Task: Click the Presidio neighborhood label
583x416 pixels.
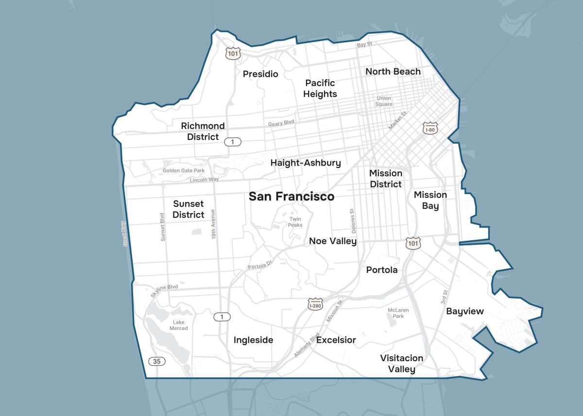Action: tap(260, 74)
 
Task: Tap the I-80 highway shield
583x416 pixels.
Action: tap(430, 128)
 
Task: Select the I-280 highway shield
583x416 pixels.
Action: tap(315, 304)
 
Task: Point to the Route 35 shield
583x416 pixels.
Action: tap(156, 361)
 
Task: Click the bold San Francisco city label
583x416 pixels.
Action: tap(291, 196)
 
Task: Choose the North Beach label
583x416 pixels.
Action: tap(393, 71)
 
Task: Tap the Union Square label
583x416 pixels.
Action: tap(384, 101)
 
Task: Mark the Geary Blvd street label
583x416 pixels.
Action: tap(282, 124)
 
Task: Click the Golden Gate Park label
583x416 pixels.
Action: tap(184, 170)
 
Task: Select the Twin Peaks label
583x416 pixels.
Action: tap(295, 222)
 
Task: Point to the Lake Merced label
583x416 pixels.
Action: tap(178, 325)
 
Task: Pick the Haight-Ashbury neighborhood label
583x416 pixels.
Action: tap(306, 163)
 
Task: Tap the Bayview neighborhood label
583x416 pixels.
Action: tap(465, 311)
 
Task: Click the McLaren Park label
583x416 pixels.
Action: tap(398, 313)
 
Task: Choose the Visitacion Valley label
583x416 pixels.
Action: tap(401, 364)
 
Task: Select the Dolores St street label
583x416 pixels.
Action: tap(352, 221)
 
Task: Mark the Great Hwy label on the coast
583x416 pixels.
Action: tap(125, 233)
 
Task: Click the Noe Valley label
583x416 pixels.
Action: tap(333, 241)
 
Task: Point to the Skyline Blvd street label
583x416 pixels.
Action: tap(164, 290)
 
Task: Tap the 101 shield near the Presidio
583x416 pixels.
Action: tap(233, 53)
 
